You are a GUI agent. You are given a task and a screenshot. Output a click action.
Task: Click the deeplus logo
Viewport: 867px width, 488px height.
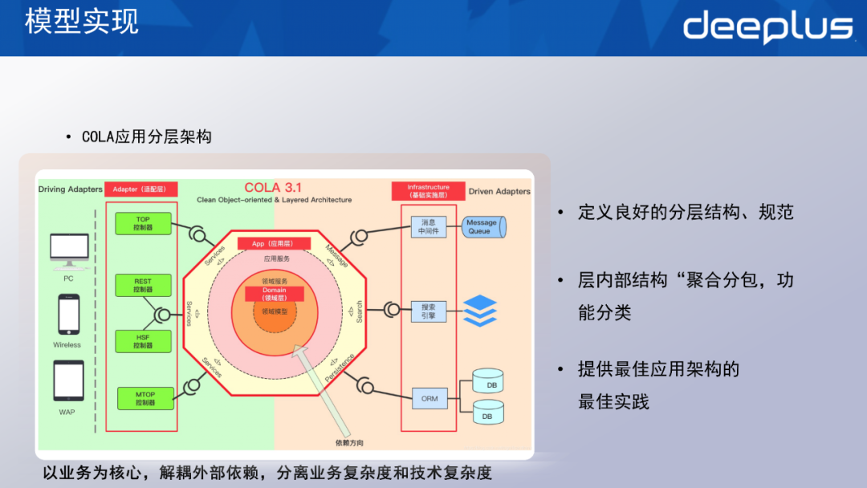767,27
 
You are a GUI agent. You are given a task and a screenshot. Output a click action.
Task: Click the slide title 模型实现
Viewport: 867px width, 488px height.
81,21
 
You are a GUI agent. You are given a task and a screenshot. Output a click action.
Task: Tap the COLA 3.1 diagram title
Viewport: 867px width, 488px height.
273,188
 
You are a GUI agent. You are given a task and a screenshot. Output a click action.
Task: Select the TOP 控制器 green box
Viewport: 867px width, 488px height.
143,224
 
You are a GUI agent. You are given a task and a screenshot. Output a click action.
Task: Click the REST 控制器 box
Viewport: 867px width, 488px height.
143,285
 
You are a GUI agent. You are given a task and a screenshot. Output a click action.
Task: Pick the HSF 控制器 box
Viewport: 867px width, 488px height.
143,340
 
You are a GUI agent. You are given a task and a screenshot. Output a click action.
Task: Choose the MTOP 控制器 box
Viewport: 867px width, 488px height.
145,398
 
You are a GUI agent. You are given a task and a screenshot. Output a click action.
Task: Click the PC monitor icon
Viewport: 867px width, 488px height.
69,250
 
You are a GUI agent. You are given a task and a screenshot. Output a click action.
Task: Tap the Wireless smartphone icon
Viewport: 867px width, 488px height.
68,314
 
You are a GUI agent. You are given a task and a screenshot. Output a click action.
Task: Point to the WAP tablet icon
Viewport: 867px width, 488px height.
68,380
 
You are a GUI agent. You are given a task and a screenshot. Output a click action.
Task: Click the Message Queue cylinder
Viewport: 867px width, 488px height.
484,226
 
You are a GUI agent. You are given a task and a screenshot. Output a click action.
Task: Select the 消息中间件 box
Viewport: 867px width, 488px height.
428,227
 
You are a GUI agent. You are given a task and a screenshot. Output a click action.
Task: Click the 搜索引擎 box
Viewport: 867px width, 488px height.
428,311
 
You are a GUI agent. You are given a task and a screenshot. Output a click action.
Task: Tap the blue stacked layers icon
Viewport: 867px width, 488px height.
480,311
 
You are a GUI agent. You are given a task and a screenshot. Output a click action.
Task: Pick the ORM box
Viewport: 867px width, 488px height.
429,398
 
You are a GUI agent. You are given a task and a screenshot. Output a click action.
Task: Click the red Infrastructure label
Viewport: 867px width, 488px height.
428,191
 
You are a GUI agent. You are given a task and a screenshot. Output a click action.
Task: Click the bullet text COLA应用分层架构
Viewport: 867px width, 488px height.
146,137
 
